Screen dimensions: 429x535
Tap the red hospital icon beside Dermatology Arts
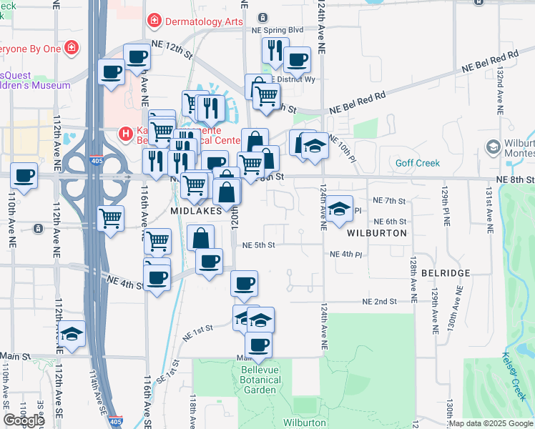(154, 21)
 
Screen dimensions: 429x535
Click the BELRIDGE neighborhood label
(446, 273)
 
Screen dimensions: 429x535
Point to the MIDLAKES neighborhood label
(195, 212)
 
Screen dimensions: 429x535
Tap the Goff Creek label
(418, 163)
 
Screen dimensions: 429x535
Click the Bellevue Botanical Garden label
(259, 380)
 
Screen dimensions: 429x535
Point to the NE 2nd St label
(379, 302)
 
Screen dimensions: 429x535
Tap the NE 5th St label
(259, 245)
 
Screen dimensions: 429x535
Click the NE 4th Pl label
(347, 254)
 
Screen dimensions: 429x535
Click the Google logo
(24, 420)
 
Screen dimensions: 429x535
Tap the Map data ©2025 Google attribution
(491, 423)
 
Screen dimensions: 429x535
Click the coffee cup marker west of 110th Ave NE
(23, 176)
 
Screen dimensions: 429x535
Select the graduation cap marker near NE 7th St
(340, 208)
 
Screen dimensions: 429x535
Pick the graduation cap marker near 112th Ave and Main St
(72, 334)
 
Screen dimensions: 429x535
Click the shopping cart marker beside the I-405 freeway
(110, 218)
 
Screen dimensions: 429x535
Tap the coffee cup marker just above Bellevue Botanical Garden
(258, 345)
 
